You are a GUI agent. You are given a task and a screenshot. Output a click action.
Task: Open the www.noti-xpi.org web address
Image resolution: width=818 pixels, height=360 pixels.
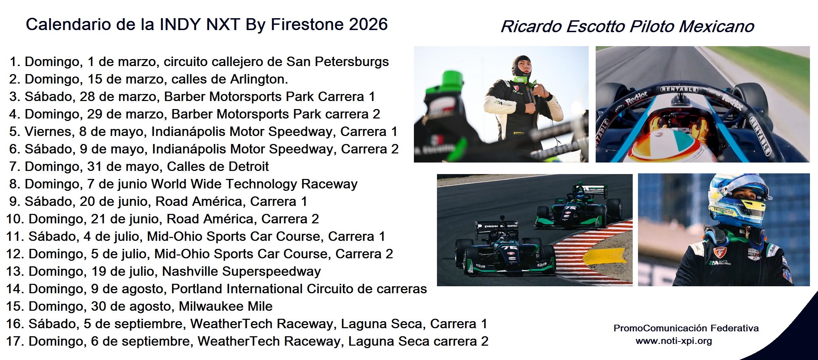click(x=674, y=341)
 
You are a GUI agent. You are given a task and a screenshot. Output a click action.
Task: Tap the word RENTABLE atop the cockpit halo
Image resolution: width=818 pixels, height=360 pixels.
click(x=679, y=89)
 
